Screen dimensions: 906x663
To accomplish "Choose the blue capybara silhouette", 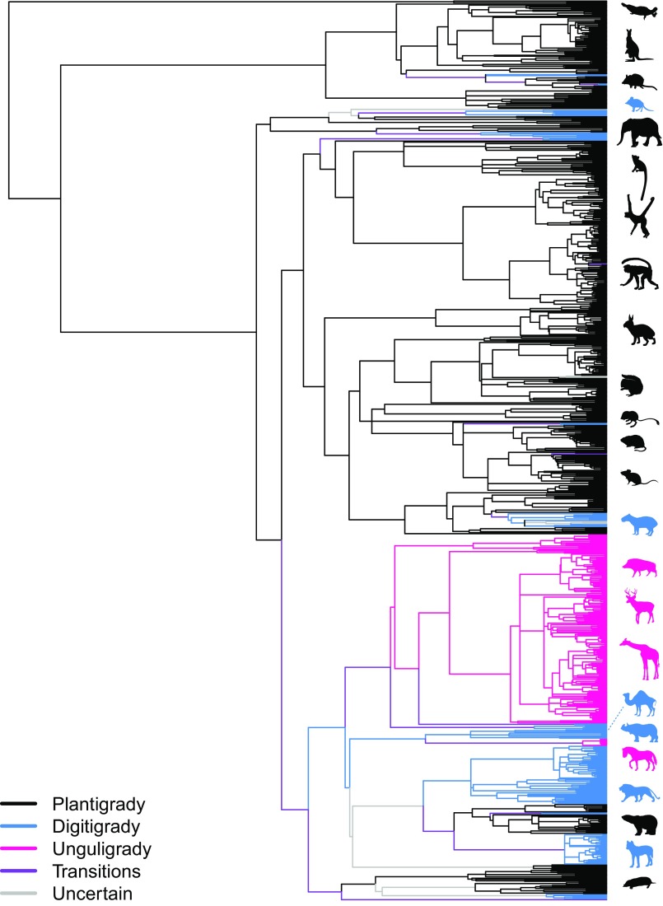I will coord(637,521).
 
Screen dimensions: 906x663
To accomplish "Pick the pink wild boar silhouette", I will coord(638,568).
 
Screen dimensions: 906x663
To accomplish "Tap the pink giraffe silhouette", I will coord(639,659).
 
